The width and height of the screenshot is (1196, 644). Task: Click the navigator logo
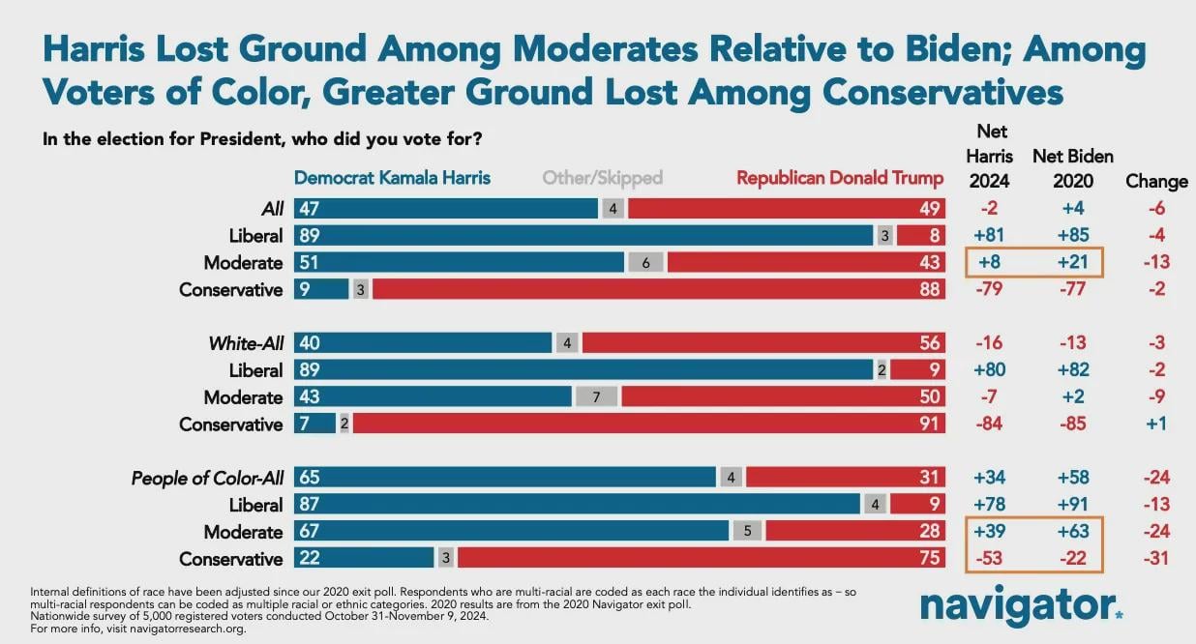[1022, 606]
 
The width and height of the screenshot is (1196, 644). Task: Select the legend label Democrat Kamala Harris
[392, 178]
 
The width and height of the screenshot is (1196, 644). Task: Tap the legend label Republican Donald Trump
[840, 178]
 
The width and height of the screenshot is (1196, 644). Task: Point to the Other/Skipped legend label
[602, 178]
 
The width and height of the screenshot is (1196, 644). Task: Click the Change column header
[1156, 182]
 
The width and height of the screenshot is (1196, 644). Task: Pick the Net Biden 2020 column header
[1073, 168]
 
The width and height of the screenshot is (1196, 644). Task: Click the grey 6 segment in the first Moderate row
[645, 262]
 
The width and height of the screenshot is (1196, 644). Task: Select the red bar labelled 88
[659, 289]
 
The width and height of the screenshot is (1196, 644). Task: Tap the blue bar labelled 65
[504, 477]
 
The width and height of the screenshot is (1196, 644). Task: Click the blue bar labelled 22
[364, 558]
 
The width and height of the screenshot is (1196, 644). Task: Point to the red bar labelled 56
[763, 342]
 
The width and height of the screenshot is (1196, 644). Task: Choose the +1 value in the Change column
[1156, 424]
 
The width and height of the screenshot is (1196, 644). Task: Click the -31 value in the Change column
[1156, 558]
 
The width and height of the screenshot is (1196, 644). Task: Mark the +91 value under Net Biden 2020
[1073, 504]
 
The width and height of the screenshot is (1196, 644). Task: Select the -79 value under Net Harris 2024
[989, 289]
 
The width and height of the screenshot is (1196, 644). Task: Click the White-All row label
[246, 343]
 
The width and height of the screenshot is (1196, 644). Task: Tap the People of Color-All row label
[207, 478]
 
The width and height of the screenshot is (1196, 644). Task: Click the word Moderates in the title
[605, 49]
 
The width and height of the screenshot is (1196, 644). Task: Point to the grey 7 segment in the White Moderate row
[596, 397]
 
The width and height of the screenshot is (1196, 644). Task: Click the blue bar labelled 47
[446, 208]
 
